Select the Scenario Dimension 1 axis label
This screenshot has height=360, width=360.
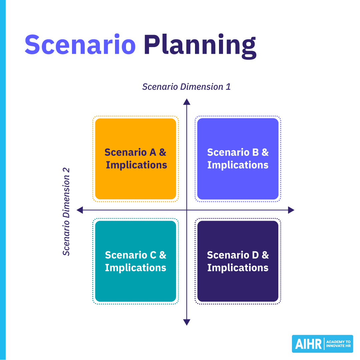point(186,87)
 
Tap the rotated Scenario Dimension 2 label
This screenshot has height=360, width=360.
point(67,211)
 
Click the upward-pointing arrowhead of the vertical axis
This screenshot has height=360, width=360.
point(187,102)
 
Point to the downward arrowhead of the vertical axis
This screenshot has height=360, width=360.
point(187,322)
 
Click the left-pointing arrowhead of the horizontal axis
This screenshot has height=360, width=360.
point(80,210)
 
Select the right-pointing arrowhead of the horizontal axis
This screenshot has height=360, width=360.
point(291,210)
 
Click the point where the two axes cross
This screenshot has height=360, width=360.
point(187,210)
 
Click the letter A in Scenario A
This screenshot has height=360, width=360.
point(153,152)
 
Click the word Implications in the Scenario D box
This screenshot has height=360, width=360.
point(238,268)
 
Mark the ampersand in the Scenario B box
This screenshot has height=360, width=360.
point(265,152)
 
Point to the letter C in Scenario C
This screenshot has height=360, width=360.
point(153,255)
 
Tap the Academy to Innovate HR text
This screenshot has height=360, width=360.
point(338,344)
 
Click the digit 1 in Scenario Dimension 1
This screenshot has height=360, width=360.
point(228,87)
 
